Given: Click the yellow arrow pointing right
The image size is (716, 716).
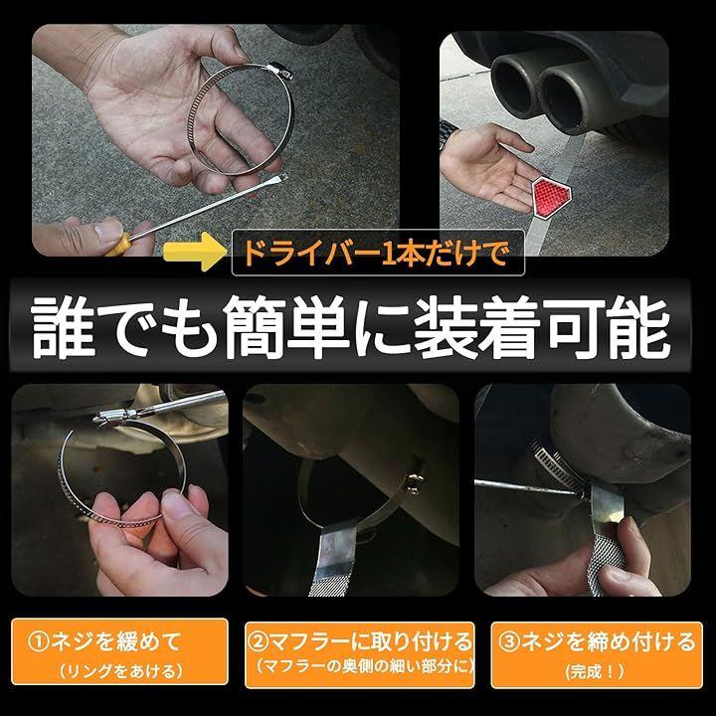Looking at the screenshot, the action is coord(195,252).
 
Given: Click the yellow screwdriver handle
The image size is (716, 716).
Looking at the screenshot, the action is coord(118,245).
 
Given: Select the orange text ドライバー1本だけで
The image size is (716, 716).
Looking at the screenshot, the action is coord(375,253).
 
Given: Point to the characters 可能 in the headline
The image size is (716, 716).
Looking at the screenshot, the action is coord(610,327).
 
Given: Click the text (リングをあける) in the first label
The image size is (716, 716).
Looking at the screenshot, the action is coord(120,670).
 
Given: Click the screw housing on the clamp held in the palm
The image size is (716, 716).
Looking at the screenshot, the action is coord(278,71).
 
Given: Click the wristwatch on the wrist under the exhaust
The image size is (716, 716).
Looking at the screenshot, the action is coord(448,134).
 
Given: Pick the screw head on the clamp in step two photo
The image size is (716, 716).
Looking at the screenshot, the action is coord(415,484).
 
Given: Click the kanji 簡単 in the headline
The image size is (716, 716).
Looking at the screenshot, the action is coord(286,327).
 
